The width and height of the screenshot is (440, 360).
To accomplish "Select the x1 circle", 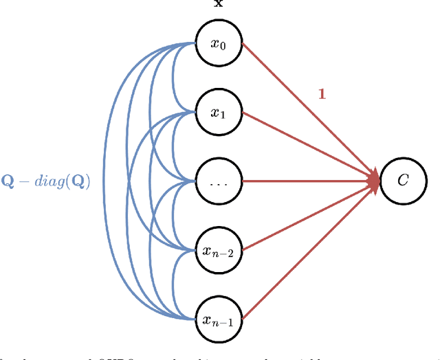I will click(217, 113).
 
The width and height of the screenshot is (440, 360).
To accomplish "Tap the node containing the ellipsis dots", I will click(217, 182).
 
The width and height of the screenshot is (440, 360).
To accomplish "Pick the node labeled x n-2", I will click(217, 251).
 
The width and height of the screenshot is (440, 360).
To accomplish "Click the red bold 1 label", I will click(321, 93).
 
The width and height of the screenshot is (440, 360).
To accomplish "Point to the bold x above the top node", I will click(218, 4).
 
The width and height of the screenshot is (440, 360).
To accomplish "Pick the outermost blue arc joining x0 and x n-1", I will click(104, 182).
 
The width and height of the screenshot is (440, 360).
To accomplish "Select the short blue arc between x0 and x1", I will click(173, 77).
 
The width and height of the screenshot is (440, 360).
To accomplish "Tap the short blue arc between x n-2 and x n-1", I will click(173, 286).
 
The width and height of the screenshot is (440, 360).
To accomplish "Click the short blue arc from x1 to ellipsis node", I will click(173, 147).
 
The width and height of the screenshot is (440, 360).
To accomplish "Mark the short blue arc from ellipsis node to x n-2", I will click(173, 216).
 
